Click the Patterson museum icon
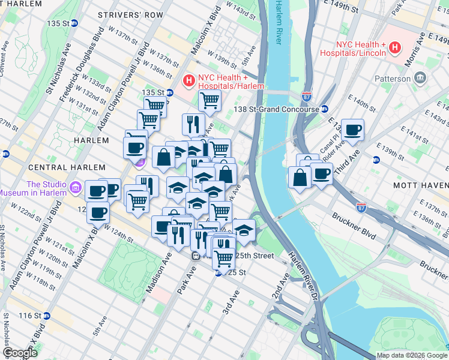(x=420, y=79)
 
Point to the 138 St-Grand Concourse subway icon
(x=324, y=109)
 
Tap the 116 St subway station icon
(x=47, y=315)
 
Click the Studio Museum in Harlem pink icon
(x=76, y=188)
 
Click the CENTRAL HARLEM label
(x=35, y=167)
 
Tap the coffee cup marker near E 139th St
(x=354, y=130)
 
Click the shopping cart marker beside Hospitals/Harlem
(x=209, y=101)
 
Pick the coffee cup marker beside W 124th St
(x=98, y=212)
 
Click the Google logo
(x=19, y=353)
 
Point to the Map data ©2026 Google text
(x=411, y=355)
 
